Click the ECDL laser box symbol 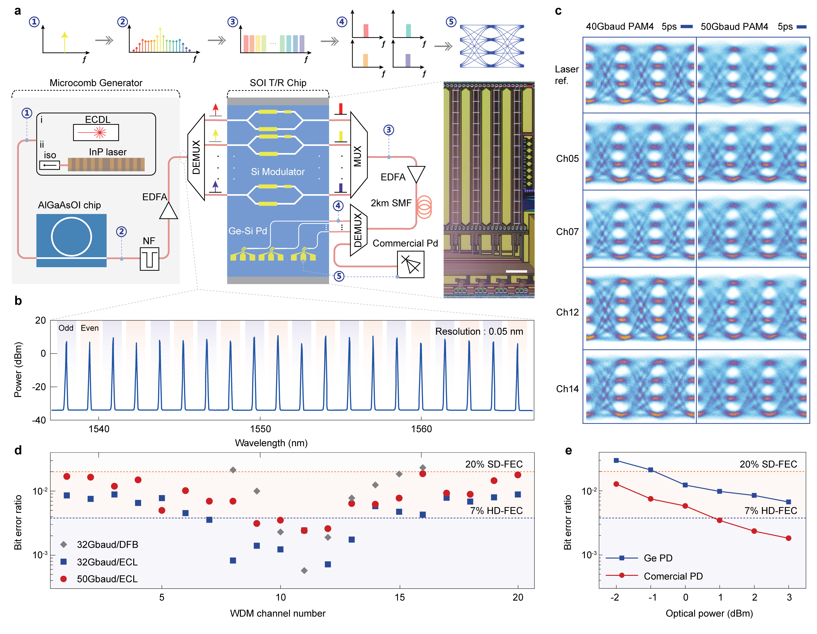(96, 132)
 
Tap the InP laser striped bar (106, 165)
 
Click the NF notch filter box (149, 259)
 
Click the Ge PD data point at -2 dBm (616, 461)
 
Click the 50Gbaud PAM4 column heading (734, 26)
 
